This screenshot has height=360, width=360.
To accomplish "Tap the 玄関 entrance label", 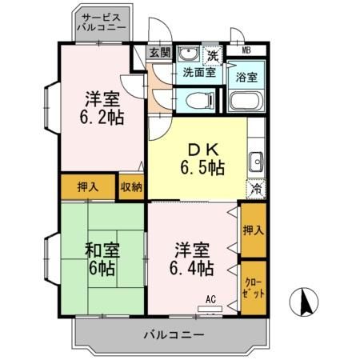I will (160, 53).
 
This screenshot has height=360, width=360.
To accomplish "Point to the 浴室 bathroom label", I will (247, 77).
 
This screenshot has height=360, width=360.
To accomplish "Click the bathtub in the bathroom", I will (246, 102).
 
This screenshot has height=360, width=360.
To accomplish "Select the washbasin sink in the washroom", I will (189, 54).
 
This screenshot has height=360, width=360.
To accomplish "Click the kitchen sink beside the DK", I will (256, 159).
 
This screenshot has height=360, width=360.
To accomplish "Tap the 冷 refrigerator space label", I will (257, 190).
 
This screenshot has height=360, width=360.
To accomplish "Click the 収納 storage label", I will (132, 186).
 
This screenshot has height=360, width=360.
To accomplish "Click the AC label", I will (211, 299).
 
